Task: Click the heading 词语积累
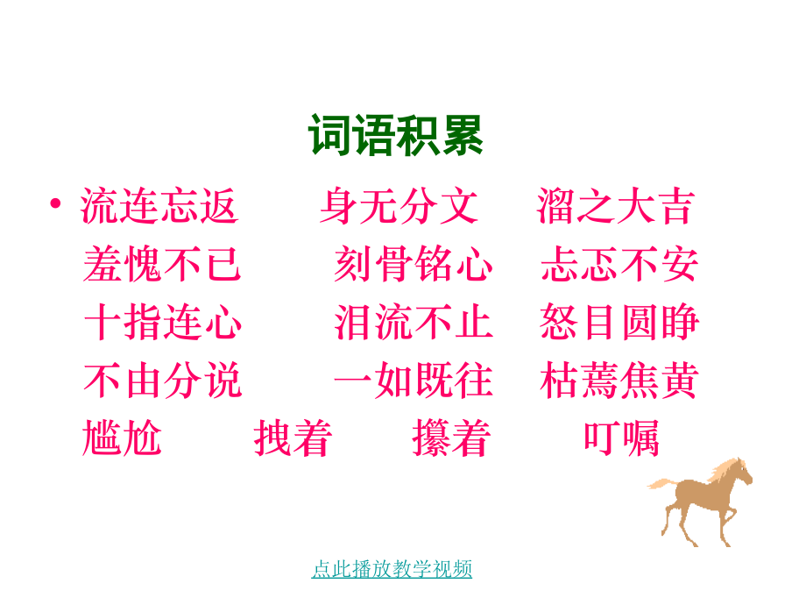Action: (395, 136)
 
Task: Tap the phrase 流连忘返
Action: (160, 206)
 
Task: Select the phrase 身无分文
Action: (399, 206)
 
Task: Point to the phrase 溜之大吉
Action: (615, 206)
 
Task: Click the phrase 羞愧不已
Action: (162, 264)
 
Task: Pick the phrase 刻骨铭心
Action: (413, 264)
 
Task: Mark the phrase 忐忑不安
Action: (619, 264)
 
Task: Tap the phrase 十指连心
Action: (162, 322)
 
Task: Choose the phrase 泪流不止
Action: (413, 322)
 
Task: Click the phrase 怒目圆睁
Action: (619, 322)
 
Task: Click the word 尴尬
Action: (123, 438)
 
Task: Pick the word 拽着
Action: (293, 438)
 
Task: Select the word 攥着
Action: (451, 438)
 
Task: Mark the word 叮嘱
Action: (621, 438)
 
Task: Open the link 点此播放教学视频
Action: (392, 569)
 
